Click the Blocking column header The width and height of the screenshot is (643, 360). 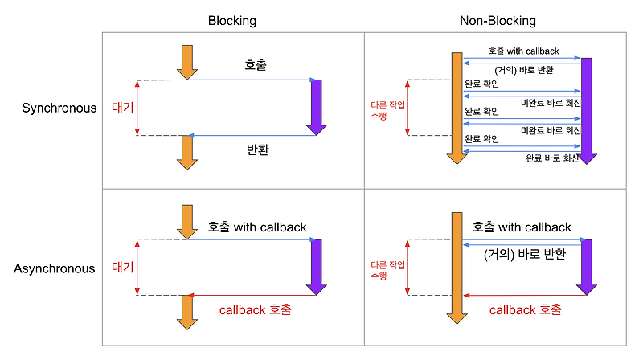tap(231, 21)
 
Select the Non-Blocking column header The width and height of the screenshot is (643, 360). tap(498, 21)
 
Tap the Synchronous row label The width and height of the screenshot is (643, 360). tap(59, 108)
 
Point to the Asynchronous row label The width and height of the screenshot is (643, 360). tap(54, 268)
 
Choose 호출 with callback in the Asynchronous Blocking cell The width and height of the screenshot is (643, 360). tap(257, 227)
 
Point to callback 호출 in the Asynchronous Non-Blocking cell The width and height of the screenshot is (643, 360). tap(525, 309)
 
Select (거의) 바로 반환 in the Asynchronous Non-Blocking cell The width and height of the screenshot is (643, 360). tap(525, 255)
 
